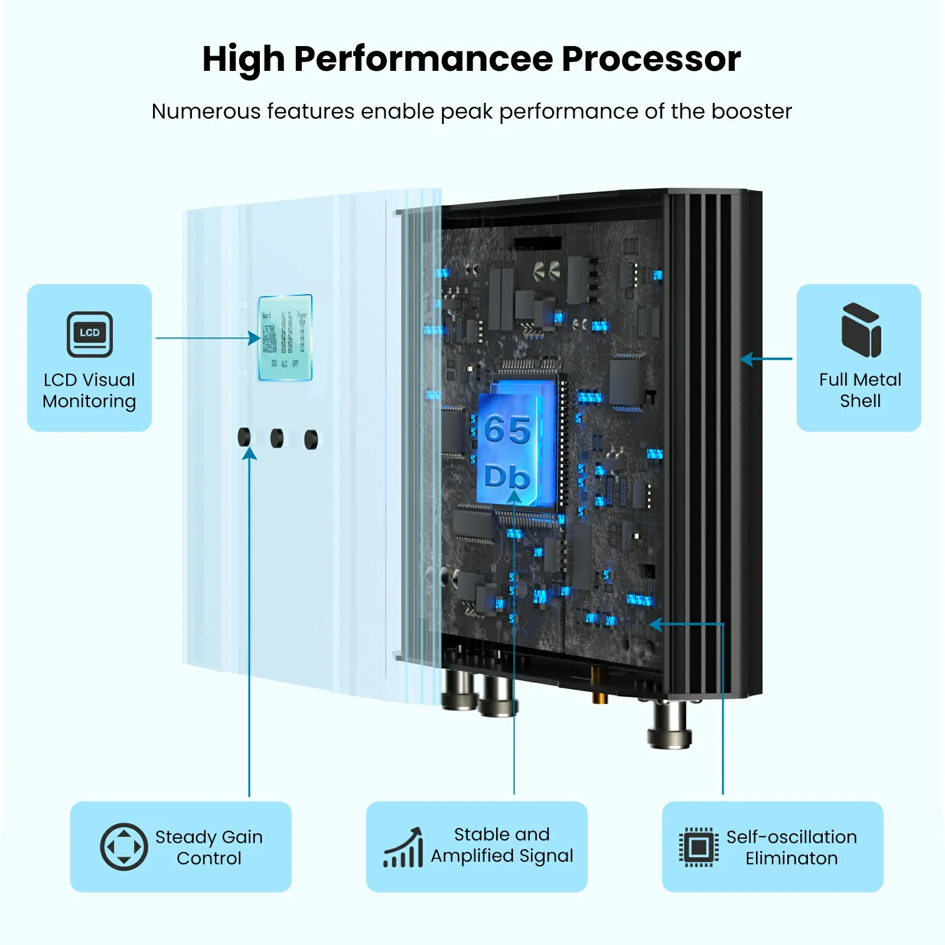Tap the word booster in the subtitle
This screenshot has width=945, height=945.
tap(751, 112)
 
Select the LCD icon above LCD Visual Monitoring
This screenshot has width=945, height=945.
tap(90, 334)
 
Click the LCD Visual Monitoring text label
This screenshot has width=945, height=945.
tap(90, 390)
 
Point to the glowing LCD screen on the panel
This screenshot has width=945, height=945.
tap(285, 337)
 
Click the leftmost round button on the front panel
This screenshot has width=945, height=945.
tap(244, 437)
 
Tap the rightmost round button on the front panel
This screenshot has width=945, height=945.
tap(311, 439)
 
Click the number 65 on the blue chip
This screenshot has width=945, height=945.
tap(507, 429)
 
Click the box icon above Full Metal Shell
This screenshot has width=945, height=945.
tap(861, 330)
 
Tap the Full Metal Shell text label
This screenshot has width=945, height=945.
tap(860, 390)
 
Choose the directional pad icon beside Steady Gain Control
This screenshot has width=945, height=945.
tap(124, 846)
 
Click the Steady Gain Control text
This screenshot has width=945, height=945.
tap(209, 847)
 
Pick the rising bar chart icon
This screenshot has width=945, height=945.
tap(404, 848)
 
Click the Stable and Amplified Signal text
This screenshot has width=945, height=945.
tap(501, 845)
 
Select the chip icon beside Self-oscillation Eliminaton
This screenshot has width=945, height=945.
tap(699, 848)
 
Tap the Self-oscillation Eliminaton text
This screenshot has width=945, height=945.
tap(791, 847)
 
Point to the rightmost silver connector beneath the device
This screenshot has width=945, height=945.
tap(670, 725)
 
